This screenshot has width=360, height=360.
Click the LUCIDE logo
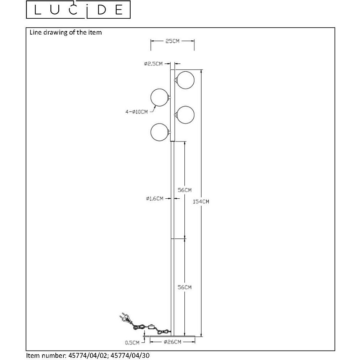coord(78,9)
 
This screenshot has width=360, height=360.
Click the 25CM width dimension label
coord(172,41)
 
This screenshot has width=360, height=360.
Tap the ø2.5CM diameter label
coord(153,64)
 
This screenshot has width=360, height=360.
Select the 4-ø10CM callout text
coord(136,112)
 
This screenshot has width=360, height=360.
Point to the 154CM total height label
coord(201,202)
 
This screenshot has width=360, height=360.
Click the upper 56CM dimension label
coord(185,190)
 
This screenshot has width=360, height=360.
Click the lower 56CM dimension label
coord(185,287)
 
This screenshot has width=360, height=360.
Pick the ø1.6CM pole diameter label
coord(155,198)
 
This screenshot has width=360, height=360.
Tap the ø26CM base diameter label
coord(173,342)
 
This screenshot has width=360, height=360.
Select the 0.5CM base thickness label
coord(132,343)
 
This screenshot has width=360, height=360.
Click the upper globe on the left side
coord(159,97)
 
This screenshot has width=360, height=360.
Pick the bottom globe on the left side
coord(159,132)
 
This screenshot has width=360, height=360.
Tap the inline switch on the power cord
coord(152,326)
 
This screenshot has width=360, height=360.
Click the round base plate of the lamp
coord(172,336)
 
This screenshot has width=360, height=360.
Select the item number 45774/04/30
coord(130,355)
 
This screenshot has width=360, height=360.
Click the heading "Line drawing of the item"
coord(66,32)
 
